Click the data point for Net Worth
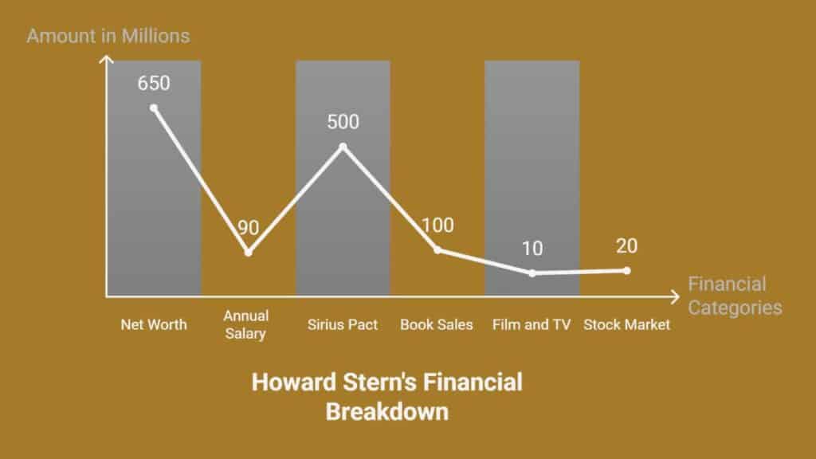coord(154,108)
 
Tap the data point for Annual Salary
coord(249,253)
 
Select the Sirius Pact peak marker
coord(343,147)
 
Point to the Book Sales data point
coord(437,249)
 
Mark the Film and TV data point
coord(532,273)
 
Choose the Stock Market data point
coord(627,271)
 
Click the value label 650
coord(154,83)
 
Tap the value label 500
coord(343,122)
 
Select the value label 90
coord(249,227)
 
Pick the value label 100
coord(437,226)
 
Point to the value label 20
coord(626,245)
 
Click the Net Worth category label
coord(154,325)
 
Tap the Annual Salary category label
coord(245,324)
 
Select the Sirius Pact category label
coord(343,325)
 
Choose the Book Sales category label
coord(437,325)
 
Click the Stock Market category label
coord(626,325)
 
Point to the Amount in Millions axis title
coord(108,36)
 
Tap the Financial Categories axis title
coord(735,296)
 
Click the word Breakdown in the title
coord(387,412)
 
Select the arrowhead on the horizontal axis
coord(676,297)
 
